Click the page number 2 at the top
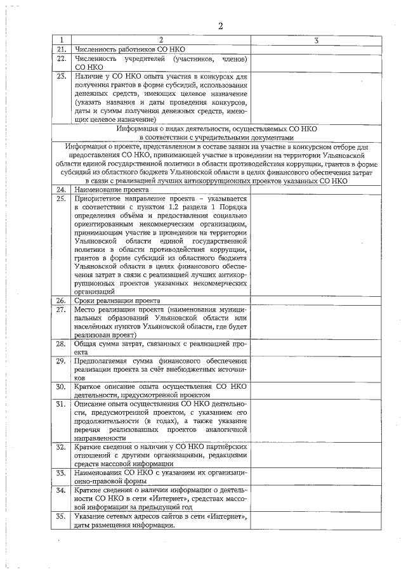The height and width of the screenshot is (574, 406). (221, 26)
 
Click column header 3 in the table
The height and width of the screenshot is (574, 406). (316, 41)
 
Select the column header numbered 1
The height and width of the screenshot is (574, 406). (62, 41)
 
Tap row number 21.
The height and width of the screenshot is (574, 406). (62, 49)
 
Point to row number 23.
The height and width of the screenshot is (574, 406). (62, 77)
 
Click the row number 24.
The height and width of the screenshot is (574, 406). (62, 190)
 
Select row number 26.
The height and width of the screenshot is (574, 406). (62, 300)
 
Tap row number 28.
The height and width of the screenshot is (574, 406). (62, 344)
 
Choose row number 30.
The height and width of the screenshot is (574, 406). (62, 386)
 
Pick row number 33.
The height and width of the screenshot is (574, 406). (62, 473)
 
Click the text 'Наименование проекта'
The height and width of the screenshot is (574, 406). (112, 190)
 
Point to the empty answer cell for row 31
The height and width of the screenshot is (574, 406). (316, 421)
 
